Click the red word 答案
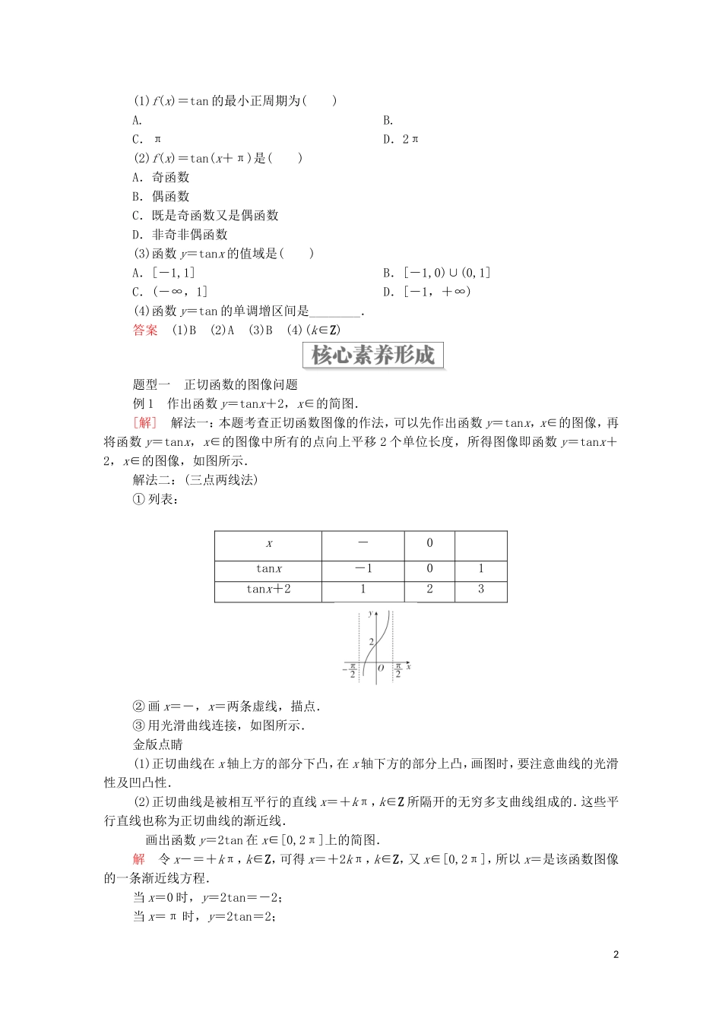click(145, 330)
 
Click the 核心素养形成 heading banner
click(372, 356)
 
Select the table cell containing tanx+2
click(268, 589)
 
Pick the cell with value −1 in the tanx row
click(363, 568)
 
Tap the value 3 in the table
click(480, 589)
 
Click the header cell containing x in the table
click(269, 543)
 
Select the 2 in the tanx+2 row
click(429, 589)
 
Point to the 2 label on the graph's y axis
click(371, 642)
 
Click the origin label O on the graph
click(381, 668)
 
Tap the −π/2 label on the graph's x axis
click(351, 670)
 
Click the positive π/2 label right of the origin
click(398, 670)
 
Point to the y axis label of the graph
click(370, 612)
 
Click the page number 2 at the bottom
click(616, 954)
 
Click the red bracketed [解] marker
click(144, 422)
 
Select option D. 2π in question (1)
click(401, 139)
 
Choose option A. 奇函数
click(160, 177)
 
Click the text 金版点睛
click(157, 744)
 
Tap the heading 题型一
click(152, 384)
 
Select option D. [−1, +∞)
click(427, 292)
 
